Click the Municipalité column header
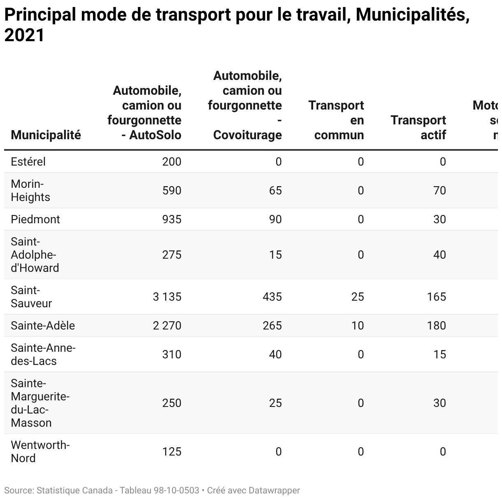[46, 135]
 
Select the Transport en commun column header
[337, 120]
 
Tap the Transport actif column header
[418, 127]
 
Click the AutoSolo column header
[145, 112]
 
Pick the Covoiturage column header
[245, 105]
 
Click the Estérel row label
[28, 161]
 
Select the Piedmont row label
[35, 219]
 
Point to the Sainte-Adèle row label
[43, 325]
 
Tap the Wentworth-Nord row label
[40, 451]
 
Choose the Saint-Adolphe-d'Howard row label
[35, 255]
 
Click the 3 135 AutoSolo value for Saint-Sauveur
[167, 297]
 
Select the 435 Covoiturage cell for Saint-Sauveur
[272, 297]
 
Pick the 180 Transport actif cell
[436, 325]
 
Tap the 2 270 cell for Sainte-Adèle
[167, 325]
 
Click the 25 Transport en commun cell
[358, 297]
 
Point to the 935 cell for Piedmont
[172, 219]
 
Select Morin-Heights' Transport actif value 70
[439, 190]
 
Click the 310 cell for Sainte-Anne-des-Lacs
[172, 354]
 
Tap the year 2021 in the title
[24, 35]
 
